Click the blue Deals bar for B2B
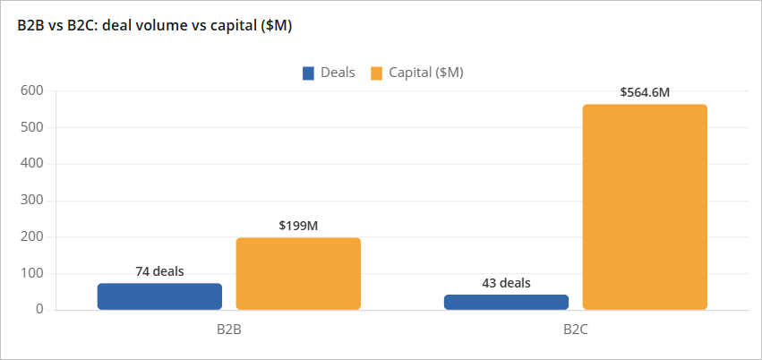[x=159, y=296]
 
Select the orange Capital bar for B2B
[x=298, y=274]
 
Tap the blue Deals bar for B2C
[x=506, y=303]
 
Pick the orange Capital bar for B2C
[x=645, y=207]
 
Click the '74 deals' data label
[x=159, y=271]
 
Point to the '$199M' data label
[x=298, y=226]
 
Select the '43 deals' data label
[x=506, y=283]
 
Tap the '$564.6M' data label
[x=645, y=92]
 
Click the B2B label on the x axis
[x=229, y=330]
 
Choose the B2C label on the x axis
[x=576, y=330]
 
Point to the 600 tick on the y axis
[x=32, y=90]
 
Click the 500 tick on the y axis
[x=32, y=127]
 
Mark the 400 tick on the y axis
[x=32, y=164]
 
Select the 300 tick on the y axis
[x=32, y=201]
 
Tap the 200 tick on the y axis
[x=32, y=237]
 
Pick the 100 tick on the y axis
[x=32, y=274]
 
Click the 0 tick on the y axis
[x=39, y=310]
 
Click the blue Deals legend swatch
[x=308, y=73]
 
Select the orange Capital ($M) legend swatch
[x=376, y=73]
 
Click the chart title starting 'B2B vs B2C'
[x=155, y=26]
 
